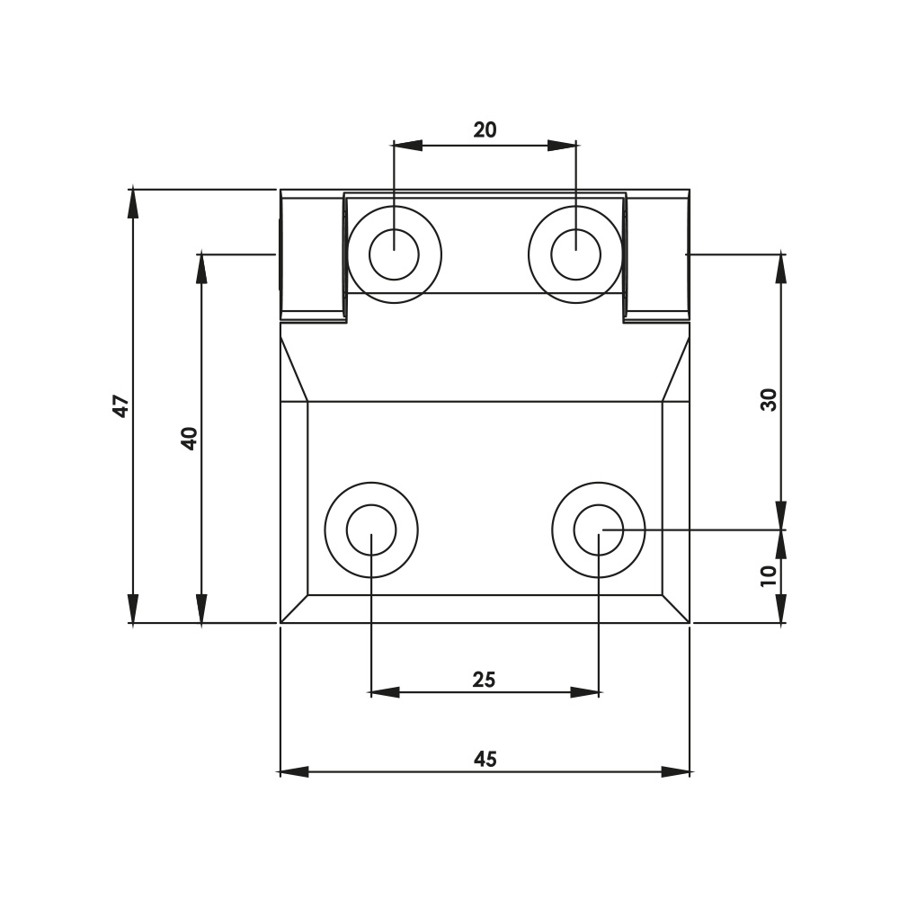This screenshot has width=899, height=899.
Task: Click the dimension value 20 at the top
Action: point(485,130)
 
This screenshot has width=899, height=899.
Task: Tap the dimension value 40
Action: point(189,438)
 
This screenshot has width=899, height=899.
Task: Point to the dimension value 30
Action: point(769,399)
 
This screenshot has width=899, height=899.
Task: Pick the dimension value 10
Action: point(769,575)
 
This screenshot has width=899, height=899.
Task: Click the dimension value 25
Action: point(484,680)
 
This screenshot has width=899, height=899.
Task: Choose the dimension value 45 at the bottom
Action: point(485,760)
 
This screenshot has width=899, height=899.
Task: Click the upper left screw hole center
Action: point(394,254)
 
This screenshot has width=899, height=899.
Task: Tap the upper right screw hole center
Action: point(575,254)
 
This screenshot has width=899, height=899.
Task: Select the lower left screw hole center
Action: point(371,530)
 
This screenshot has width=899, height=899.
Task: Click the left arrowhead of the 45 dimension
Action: point(293,771)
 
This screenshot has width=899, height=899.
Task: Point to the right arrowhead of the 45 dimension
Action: point(676,771)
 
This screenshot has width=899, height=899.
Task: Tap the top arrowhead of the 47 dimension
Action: point(133,202)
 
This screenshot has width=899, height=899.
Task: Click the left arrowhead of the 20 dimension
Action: point(407,145)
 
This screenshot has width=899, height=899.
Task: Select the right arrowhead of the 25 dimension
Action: point(585,692)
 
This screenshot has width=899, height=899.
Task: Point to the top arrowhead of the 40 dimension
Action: point(201,268)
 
